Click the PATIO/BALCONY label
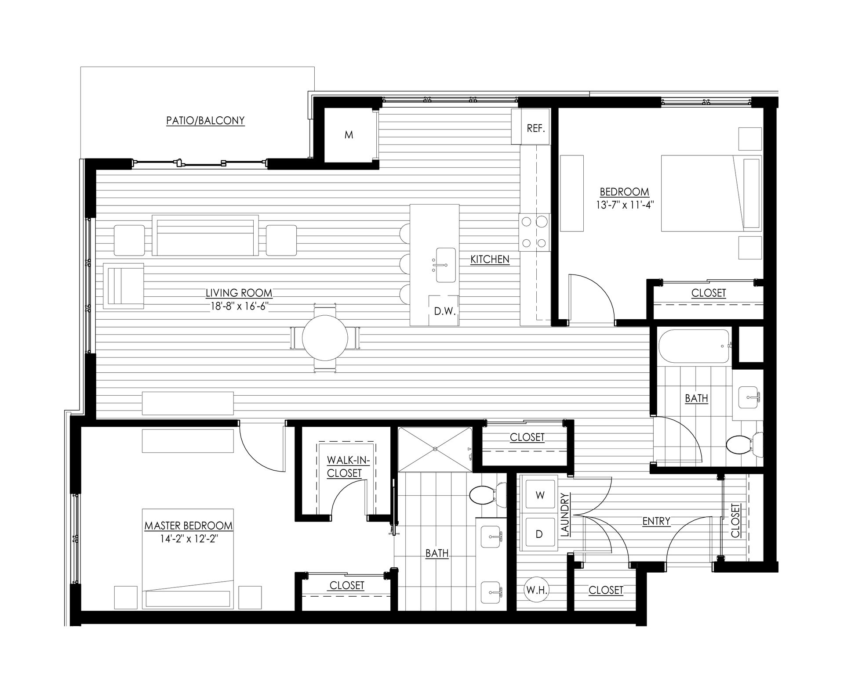coord(205,121)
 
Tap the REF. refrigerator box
coord(535,129)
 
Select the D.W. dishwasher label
coord(445,311)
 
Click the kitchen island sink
coord(445,265)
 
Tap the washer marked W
coord(540,495)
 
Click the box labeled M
coord(349,135)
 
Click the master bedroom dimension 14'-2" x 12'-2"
coord(189,539)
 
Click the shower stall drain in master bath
coord(435,449)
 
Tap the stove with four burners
coord(535,232)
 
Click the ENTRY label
coord(656,521)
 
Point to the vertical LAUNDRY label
coord(565,515)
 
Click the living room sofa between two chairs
coord(205,235)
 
